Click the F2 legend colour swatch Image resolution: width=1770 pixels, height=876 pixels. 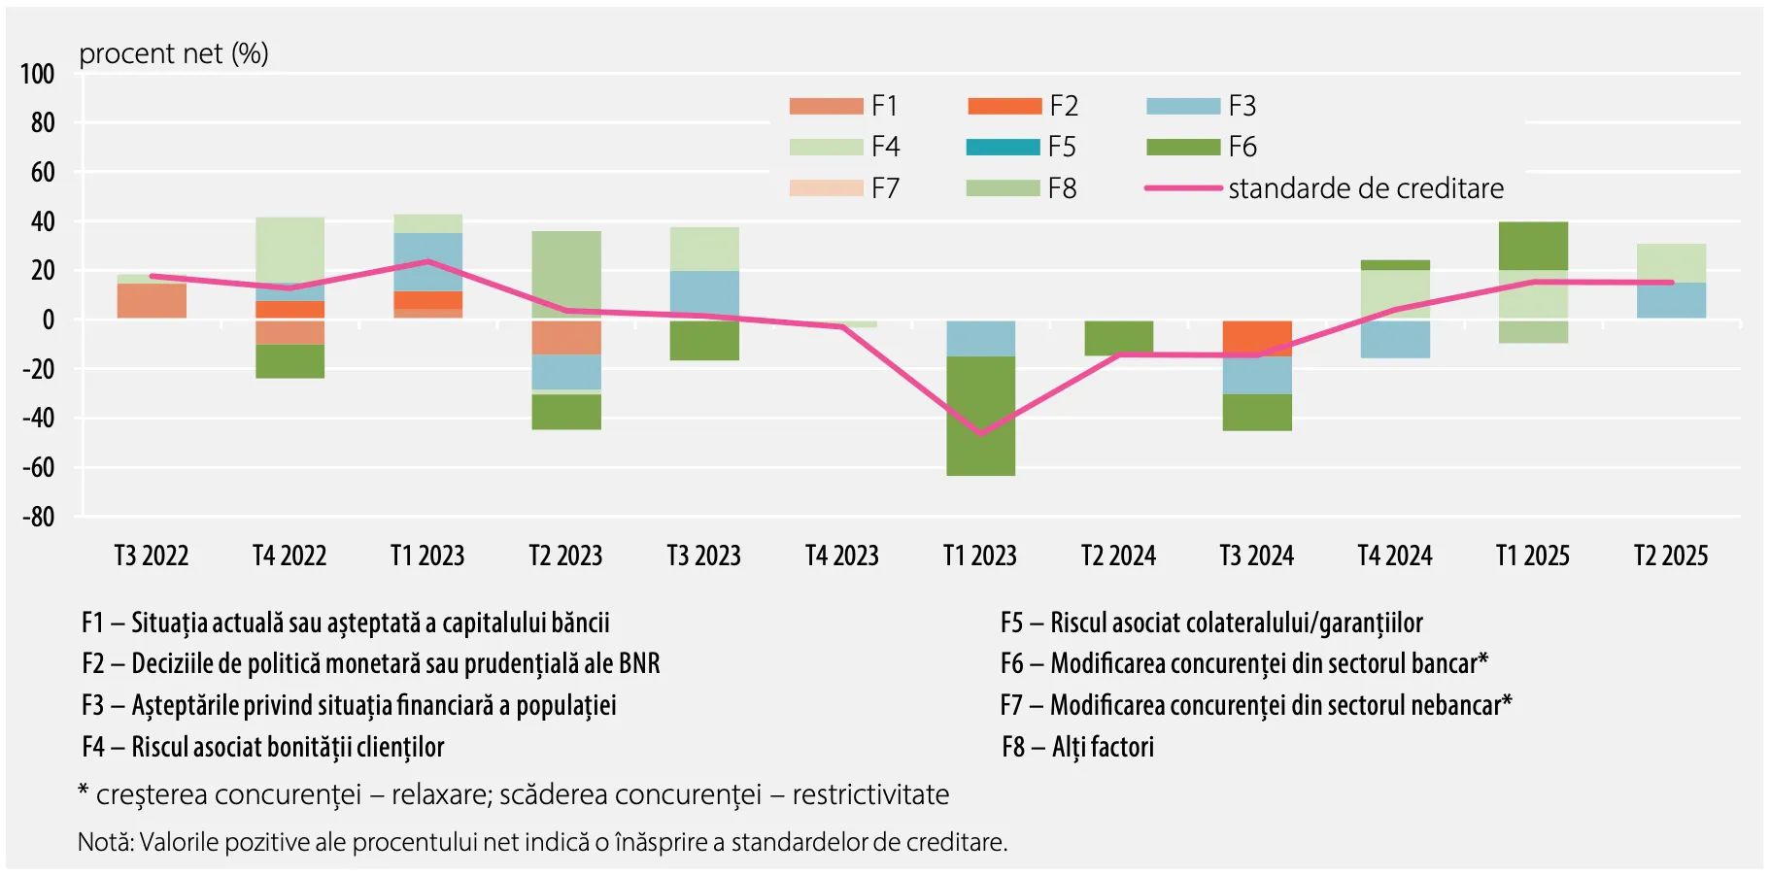point(1004,106)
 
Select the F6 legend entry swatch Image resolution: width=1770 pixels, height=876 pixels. point(1182,147)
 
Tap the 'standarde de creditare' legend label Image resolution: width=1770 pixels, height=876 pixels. point(1365,188)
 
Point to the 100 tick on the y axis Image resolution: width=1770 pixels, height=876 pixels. point(38,74)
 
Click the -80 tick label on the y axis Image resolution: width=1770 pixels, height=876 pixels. point(38,517)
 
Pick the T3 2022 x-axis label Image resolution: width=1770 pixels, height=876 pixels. point(152,556)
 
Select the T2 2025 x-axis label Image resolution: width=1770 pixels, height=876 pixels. point(1670,556)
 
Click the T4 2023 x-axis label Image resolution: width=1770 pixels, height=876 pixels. point(841,556)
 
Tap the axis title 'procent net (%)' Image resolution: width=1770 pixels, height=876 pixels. point(174,53)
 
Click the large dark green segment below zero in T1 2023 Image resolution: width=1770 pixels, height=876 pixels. point(980,416)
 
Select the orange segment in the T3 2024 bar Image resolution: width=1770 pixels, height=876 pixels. point(1256,337)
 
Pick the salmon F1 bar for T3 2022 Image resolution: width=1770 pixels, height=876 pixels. point(152,300)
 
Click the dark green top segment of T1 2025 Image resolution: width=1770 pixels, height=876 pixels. point(1533,246)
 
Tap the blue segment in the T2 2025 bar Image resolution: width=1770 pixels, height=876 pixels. point(1670,300)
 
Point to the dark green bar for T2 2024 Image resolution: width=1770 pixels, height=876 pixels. point(1118,337)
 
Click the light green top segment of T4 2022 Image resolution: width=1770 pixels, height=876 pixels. point(289,250)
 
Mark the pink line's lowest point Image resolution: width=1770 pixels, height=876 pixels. point(979,434)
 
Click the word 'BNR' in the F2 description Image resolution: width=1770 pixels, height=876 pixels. point(635,664)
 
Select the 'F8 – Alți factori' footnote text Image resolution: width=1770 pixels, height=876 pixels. point(1077,747)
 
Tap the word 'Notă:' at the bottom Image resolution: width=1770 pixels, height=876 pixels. point(106,842)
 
